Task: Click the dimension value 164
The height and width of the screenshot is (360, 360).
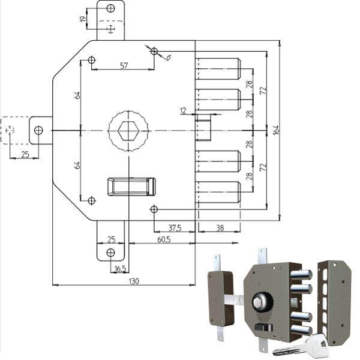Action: click(x=275, y=130)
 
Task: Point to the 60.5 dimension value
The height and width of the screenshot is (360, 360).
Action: click(x=163, y=239)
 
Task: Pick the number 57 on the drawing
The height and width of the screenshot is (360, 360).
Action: click(x=123, y=65)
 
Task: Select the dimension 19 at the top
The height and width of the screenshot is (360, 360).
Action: click(x=83, y=19)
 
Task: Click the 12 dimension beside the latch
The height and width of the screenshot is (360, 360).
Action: click(x=183, y=110)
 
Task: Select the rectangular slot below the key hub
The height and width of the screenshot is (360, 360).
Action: click(x=131, y=187)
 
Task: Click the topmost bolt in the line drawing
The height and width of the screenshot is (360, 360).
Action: click(x=218, y=69)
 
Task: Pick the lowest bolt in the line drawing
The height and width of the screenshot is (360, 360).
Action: click(x=218, y=192)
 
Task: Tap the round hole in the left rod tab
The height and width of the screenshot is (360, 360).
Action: click(x=38, y=130)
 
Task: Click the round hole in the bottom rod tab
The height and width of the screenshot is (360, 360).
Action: click(x=110, y=252)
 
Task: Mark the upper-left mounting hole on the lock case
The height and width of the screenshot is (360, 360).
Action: click(x=91, y=60)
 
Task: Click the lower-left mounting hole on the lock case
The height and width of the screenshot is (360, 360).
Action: click(x=91, y=200)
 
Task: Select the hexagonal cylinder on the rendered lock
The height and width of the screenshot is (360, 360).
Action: click(x=263, y=299)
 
